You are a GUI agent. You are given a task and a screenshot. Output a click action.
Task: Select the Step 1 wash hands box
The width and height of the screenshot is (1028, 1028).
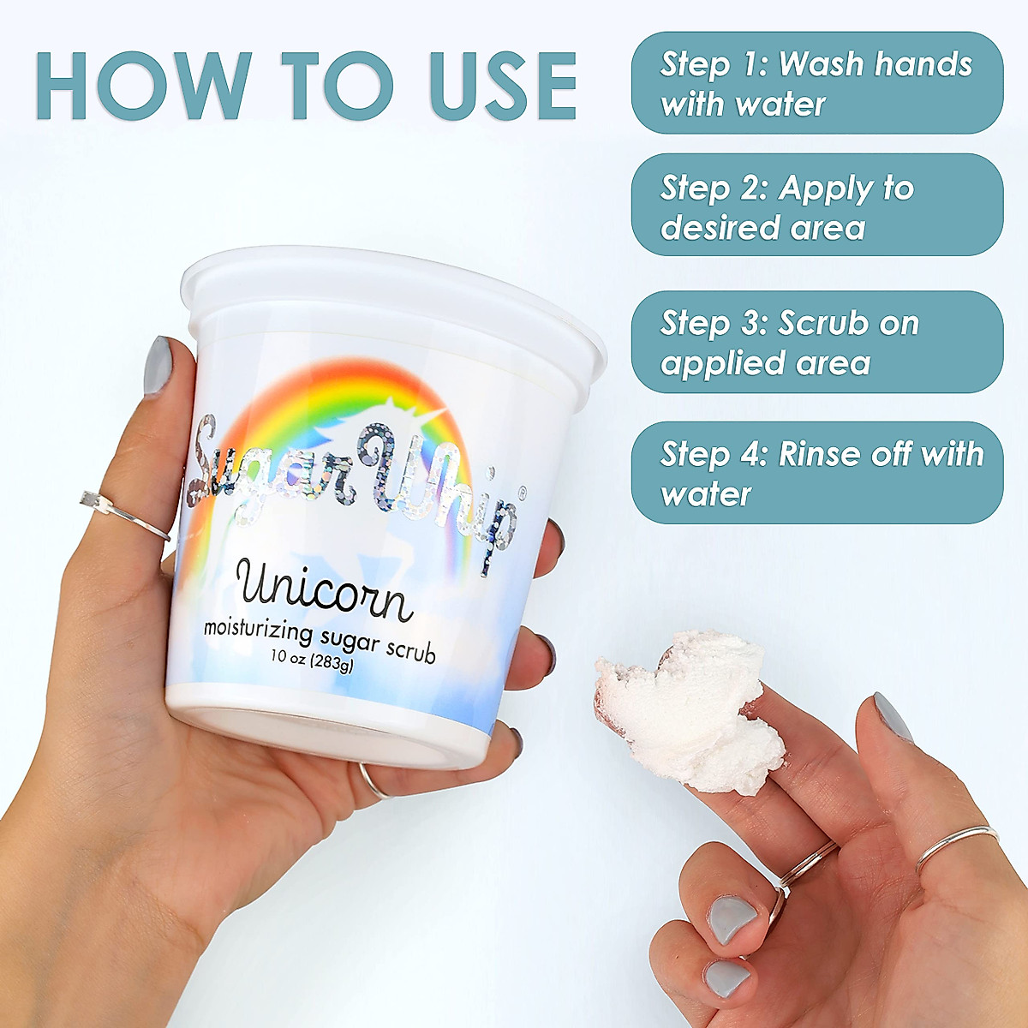pos(816,83)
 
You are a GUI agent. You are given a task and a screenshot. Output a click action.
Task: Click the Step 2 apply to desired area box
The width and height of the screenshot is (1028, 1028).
pos(816,206)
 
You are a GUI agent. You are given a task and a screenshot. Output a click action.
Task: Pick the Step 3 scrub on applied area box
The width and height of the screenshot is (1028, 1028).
pos(816,342)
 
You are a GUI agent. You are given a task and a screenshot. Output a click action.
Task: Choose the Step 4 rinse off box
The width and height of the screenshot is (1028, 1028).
pos(816,473)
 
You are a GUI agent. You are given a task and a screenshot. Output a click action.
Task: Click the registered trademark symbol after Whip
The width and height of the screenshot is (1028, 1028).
pos(523,493)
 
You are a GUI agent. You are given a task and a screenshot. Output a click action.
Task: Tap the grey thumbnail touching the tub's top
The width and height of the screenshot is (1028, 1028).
pos(158,365)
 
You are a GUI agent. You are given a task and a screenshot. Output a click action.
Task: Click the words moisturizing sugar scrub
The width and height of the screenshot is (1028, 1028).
pos(320,639)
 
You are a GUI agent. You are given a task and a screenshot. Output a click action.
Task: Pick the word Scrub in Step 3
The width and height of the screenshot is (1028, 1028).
pos(823,323)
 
